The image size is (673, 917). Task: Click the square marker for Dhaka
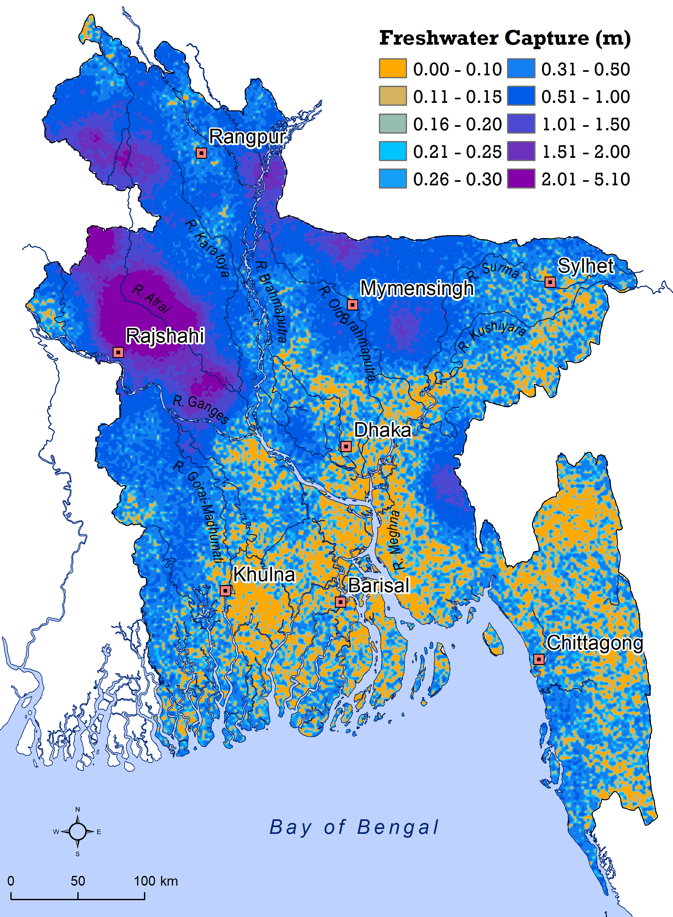pyautogui.click(x=346, y=447)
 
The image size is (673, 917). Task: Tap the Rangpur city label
pyautogui.click(x=247, y=137)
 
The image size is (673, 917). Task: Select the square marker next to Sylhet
pyautogui.click(x=550, y=282)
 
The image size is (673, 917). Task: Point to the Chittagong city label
pyautogui.click(x=594, y=643)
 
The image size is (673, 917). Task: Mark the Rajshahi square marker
pyautogui.click(x=118, y=352)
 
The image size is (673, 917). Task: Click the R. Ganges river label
pyautogui.click(x=200, y=409)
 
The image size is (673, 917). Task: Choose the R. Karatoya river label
pyautogui.click(x=208, y=248)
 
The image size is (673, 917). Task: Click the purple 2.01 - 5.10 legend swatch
pyautogui.click(x=521, y=179)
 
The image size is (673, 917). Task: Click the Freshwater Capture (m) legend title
pyautogui.click(x=505, y=38)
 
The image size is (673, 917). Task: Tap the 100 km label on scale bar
pyautogui.click(x=156, y=881)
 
